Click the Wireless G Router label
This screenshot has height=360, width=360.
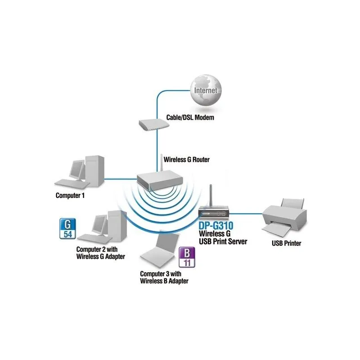click(x=186, y=159)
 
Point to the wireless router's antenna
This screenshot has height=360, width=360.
click(x=161, y=163)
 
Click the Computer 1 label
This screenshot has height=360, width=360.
click(x=70, y=196)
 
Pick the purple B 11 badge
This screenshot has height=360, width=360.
click(x=185, y=258)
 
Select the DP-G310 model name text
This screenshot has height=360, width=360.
click(x=219, y=225)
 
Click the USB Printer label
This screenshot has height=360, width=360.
click(x=286, y=243)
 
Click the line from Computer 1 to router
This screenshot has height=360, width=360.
click(x=121, y=177)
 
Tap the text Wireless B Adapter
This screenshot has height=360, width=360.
click(x=164, y=281)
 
